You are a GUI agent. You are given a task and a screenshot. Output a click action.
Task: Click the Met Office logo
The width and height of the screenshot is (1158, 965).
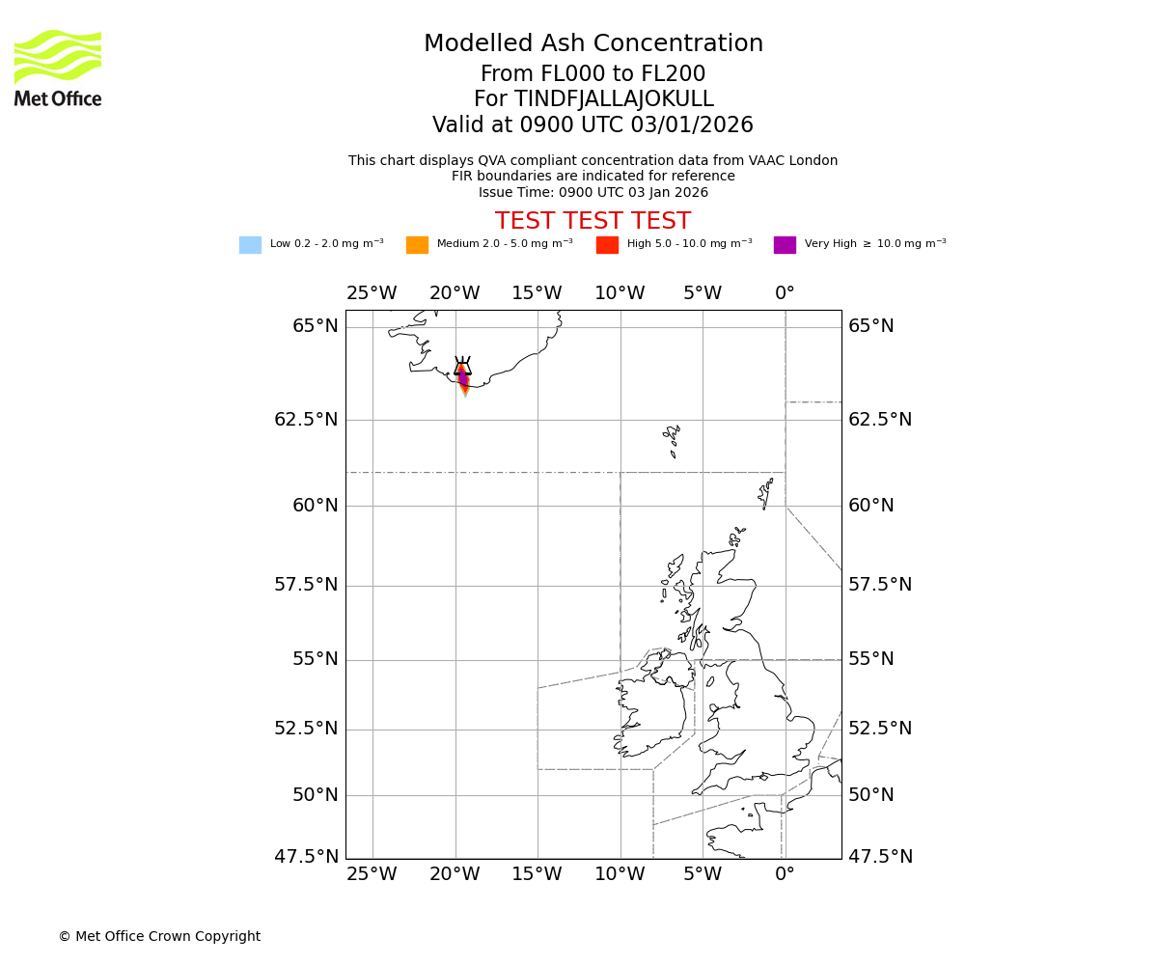tap(58, 68)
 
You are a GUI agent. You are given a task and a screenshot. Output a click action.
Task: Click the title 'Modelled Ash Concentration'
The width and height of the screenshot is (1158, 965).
tap(593, 44)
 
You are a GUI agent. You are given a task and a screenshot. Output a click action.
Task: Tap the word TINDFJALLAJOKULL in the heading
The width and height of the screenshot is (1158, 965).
tap(614, 99)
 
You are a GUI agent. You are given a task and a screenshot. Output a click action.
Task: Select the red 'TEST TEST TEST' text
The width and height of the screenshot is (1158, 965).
tap(593, 222)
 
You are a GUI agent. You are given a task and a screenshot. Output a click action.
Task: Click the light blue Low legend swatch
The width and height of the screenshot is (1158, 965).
tap(250, 245)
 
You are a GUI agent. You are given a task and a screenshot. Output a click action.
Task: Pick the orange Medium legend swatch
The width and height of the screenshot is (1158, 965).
tap(417, 245)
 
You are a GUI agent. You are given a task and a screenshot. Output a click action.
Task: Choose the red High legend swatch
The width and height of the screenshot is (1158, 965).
tap(607, 245)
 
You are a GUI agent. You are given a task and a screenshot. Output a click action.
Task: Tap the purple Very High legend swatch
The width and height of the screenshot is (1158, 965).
tap(785, 245)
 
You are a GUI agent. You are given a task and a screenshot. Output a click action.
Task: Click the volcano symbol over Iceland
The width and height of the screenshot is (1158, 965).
tap(463, 368)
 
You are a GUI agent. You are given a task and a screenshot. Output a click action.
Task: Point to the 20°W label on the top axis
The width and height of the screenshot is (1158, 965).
tap(455, 293)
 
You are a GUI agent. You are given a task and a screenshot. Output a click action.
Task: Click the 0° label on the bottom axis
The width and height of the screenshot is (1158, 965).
tap(785, 874)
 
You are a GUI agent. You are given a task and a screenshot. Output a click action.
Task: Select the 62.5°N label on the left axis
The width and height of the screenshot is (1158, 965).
tap(306, 420)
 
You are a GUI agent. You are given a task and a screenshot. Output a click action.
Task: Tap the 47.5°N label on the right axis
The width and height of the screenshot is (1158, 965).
tap(880, 857)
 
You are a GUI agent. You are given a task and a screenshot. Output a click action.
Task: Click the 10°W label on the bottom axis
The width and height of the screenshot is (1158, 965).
tap(620, 874)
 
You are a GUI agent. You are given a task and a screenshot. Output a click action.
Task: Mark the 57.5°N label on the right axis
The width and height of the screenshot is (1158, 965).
tap(880, 585)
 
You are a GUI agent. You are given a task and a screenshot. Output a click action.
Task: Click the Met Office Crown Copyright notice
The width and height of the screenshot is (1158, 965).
tap(159, 937)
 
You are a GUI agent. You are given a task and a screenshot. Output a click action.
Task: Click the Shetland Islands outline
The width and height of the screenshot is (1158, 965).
tap(766, 494)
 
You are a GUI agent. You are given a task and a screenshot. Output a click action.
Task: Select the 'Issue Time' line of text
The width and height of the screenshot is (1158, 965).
tap(593, 192)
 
